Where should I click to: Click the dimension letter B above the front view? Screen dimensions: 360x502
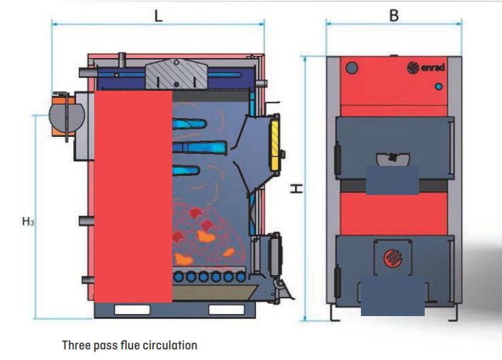(394, 16)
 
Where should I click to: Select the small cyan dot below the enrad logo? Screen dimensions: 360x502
(438, 86)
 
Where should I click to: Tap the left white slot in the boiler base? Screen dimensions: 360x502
(132, 310)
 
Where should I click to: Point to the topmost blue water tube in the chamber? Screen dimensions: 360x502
(190, 122)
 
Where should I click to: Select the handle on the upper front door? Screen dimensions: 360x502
(391, 158)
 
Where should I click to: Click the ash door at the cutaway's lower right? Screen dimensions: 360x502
(269, 251)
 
